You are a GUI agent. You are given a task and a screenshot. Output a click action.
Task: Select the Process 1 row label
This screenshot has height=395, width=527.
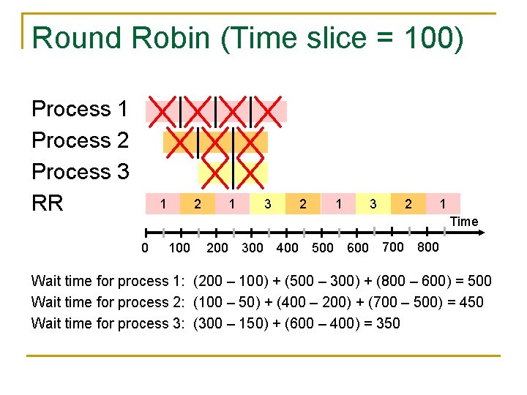(x=80, y=110)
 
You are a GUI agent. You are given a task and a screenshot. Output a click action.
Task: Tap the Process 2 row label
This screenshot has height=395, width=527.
(x=80, y=140)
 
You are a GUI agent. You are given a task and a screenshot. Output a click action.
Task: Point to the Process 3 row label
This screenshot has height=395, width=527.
(x=80, y=172)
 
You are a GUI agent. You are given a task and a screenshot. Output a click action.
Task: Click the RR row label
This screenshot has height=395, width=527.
(x=48, y=203)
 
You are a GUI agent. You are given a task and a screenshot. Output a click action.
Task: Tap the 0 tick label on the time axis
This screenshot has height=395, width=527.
(x=144, y=248)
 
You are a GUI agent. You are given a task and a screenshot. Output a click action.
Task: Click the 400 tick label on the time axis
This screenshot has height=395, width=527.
(x=287, y=248)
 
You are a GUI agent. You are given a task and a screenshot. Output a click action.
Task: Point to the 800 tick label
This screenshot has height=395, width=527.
(x=427, y=247)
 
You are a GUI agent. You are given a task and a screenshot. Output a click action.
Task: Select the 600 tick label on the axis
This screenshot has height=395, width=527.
(x=357, y=248)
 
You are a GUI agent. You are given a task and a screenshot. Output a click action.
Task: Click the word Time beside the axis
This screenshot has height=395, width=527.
(x=464, y=222)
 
